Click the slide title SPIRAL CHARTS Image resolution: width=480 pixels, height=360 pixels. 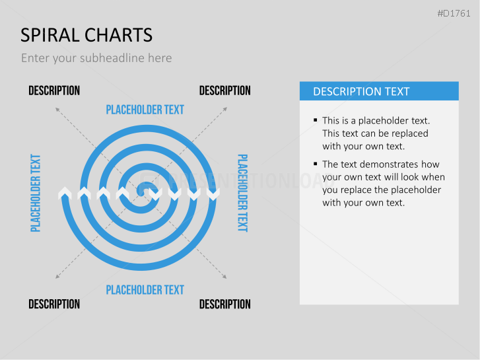(x=86, y=35)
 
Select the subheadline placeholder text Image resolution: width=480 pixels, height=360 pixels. (x=96, y=58)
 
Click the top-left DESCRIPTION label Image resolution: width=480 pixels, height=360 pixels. (x=54, y=90)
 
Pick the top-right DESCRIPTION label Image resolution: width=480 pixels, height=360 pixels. (x=224, y=90)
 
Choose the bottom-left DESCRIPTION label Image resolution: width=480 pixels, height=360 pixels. (x=54, y=304)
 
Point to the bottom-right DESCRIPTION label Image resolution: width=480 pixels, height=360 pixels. (x=224, y=304)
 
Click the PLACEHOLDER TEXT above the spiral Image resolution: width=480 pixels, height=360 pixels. (x=145, y=110)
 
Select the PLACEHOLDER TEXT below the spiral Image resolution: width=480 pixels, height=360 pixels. (x=145, y=289)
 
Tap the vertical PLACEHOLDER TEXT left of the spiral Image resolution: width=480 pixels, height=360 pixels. (x=36, y=193)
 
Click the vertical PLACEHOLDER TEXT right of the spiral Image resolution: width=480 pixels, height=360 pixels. (x=242, y=193)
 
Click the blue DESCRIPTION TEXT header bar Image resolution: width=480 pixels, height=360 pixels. (x=379, y=91)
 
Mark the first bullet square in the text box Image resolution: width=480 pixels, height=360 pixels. (x=316, y=120)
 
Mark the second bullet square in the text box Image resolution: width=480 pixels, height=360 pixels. (x=316, y=164)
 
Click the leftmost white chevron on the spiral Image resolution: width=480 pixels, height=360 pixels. (x=65, y=193)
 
